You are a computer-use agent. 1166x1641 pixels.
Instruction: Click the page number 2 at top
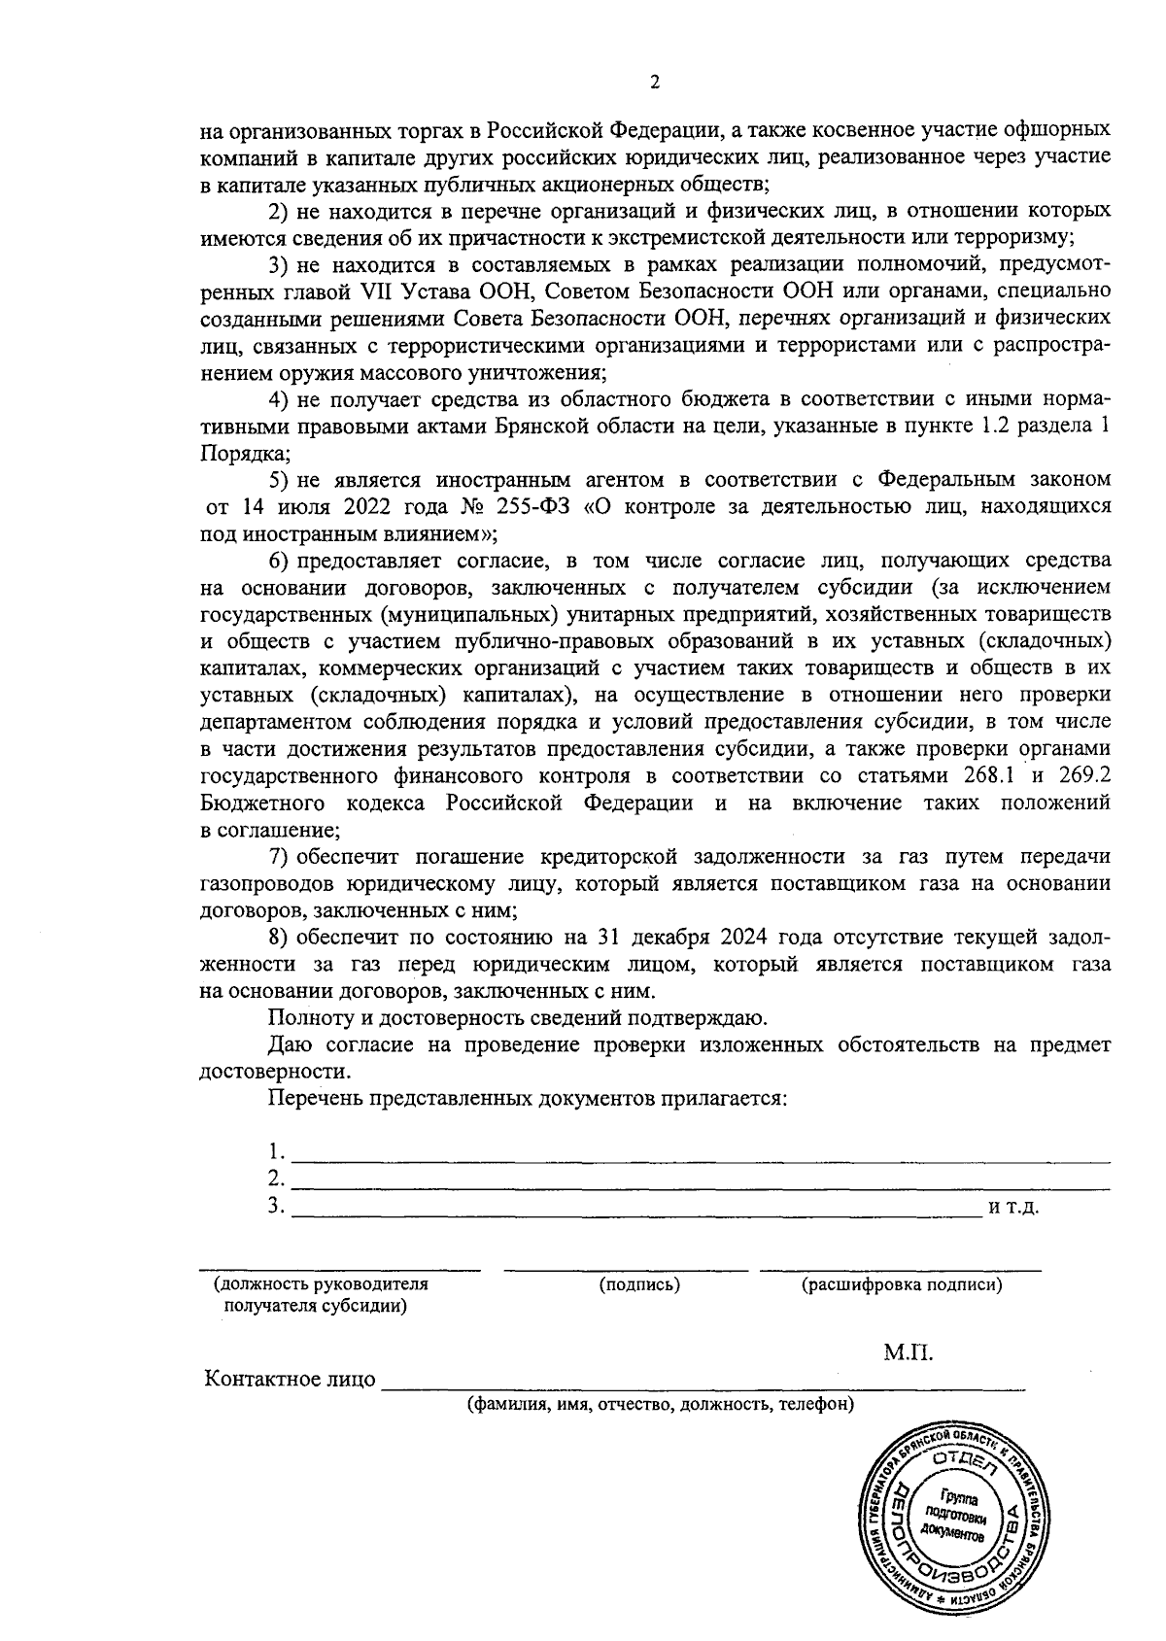654,84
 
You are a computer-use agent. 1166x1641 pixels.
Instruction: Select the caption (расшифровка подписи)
901,1284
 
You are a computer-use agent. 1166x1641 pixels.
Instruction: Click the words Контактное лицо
289,1380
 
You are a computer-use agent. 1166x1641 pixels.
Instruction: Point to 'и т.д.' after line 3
1013,1208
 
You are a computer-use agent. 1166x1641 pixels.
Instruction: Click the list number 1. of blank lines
277,1152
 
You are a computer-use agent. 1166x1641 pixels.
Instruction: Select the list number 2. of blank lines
277,1179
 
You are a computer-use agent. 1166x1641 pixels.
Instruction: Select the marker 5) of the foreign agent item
279,480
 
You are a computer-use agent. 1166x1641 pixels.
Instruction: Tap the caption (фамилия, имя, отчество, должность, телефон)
660,1405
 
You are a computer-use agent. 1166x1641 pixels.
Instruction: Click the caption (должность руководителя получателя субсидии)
320,1295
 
